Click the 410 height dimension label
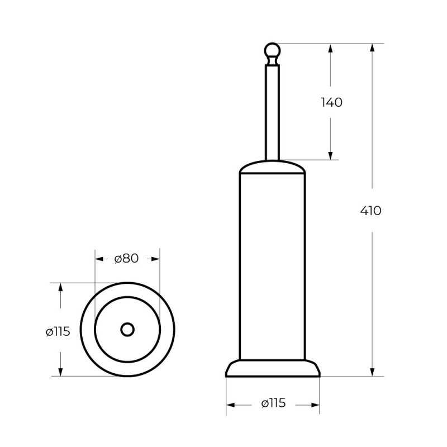click(x=370, y=211)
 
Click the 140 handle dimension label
click(x=331, y=102)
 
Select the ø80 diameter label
click(x=127, y=259)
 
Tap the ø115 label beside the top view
click(x=58, y=331)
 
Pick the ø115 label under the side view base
click(x=273, y=403)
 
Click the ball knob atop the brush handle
click(x=272, y=51)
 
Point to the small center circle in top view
click(x=127, y=330)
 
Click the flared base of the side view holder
click(x=273, y=368)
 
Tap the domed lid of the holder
click(x=272, y=167)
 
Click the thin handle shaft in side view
click(x=272, y=113)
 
